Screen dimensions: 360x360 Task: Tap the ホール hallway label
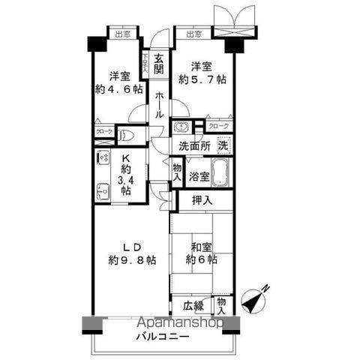(x=160, y=106)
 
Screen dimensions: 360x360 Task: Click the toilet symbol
(x=127, y=136)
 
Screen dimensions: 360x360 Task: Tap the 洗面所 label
(x=193, y=145)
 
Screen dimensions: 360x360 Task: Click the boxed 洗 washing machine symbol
(x=223, y=144)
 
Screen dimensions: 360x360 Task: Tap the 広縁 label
(x=193, y=305)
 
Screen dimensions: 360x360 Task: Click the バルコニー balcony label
(x=162, y=337)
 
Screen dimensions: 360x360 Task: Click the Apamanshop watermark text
(x=181, y=323)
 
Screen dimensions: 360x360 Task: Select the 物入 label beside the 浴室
(x=177, y=174)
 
